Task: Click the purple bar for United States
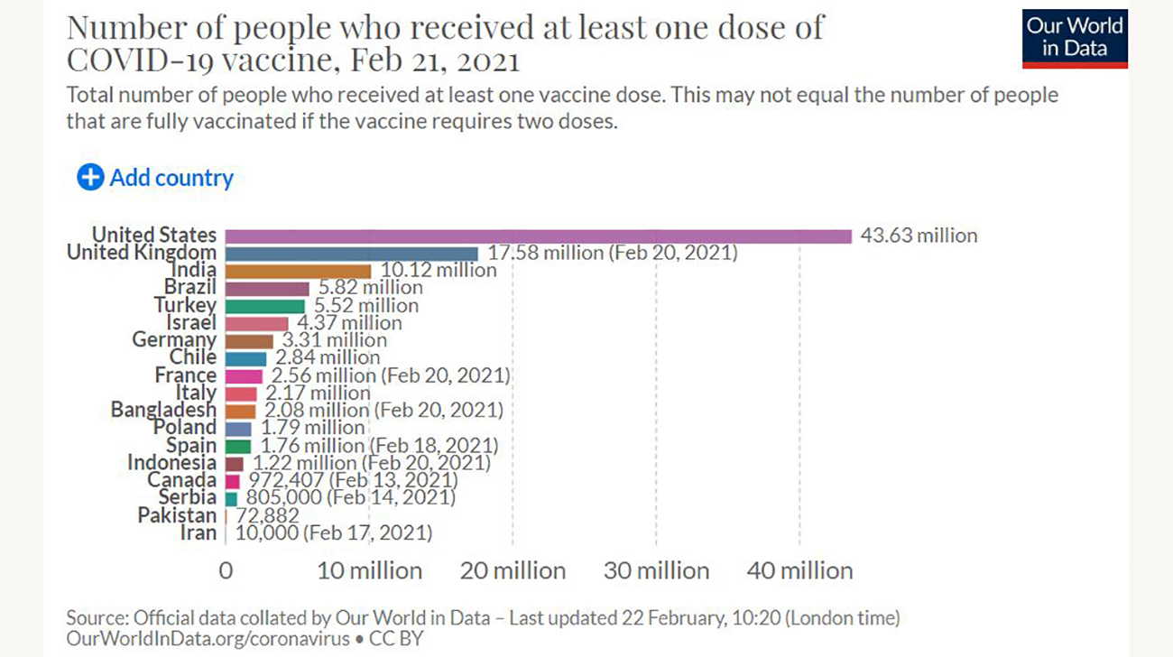[538, 236]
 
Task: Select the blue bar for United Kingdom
[351, 254]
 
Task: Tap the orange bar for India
[298, 271]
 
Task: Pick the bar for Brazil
[266, 288]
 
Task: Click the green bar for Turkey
[264, 306]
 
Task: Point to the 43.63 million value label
[918, 236]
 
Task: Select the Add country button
[155, 178]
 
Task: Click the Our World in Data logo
[1075, 38]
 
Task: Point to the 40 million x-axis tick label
[799, 570]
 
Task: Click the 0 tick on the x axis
[226, 570]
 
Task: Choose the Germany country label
[174, 340]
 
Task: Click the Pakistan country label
[177, 515]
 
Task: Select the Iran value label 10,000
[266, 533]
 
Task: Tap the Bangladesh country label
[163, 410]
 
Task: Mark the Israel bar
[256, 323]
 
